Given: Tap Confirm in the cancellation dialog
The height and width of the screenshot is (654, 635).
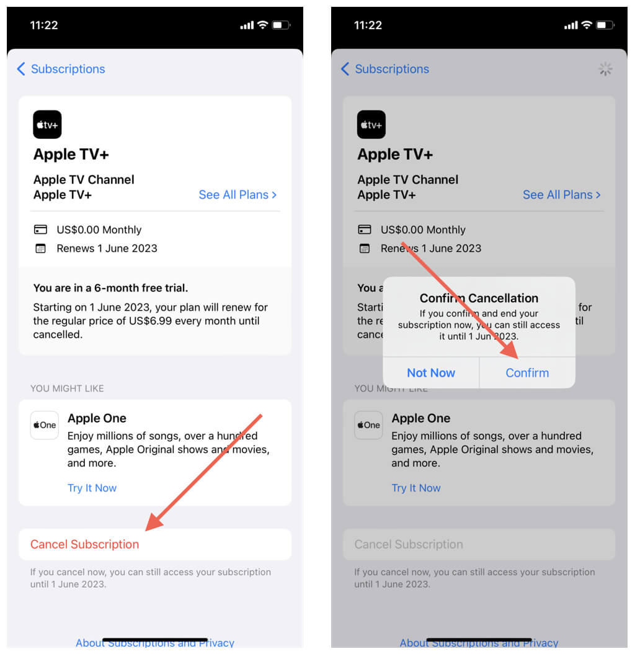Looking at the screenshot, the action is tap(527, 372).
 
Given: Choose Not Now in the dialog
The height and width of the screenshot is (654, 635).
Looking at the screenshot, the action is tap(431, 372).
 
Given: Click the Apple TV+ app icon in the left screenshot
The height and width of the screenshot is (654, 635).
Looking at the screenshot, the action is tap(47, 124).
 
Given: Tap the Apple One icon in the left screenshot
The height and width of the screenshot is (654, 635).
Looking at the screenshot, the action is tap(45, 425).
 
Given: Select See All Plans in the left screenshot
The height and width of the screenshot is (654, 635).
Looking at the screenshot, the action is tap(238, 195).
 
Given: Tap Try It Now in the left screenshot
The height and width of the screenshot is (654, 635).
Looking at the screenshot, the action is tap(92, 488).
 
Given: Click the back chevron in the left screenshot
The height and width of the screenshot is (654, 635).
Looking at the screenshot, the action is tap(21, 69).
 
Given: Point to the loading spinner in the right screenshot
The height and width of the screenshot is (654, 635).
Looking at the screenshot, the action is tap(605, 69).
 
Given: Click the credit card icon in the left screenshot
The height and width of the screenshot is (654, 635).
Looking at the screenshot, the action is tap(40, 230).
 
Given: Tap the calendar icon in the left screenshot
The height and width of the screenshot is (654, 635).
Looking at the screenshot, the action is tap(40, 249).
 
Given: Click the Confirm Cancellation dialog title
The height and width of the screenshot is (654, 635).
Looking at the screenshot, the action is tap(479, 298).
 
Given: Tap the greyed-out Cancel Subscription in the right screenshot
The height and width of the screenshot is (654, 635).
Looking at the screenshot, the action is tap(409, 544).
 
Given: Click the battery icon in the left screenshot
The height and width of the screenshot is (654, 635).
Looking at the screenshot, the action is tap(280, 25).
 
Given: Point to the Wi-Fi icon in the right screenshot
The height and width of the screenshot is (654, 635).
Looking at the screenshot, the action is tap(587, 25).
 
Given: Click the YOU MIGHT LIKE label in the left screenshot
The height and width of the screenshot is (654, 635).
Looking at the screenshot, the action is tap(67, 388).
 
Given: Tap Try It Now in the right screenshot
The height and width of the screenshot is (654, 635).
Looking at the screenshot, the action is tap(416, 488).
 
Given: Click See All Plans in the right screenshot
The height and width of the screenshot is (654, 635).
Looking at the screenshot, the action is tap(562, 195).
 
